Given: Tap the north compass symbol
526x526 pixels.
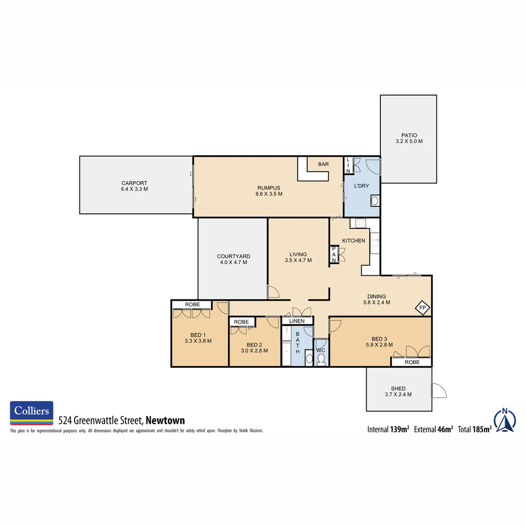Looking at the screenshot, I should click(505, 420).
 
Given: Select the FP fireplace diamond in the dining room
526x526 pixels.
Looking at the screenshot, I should click(422, 308).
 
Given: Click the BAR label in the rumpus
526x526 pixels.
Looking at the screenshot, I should click(323, 165).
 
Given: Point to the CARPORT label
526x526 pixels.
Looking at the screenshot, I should click(134, 183).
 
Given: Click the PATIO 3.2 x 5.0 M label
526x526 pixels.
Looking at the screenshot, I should click(409, 138).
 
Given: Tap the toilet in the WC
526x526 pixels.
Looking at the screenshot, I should click(321, 359).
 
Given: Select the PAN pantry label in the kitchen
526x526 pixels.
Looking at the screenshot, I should click(334, 255).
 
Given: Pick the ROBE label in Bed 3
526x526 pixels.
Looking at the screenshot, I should click(412, 362).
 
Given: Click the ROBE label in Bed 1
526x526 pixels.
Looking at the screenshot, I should click(191, 305).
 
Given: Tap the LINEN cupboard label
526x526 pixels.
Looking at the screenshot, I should click(297, 321).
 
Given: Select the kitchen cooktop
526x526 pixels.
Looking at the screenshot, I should click(361, 223).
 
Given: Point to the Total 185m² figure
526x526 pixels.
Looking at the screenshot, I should click(474, 429).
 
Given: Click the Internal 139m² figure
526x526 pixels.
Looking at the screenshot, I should click(388, 429).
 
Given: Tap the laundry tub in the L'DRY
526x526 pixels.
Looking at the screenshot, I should click(375, 200).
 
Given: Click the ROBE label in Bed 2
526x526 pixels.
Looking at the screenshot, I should click(242, 322).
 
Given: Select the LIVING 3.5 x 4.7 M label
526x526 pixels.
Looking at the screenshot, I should click(298, 257).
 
